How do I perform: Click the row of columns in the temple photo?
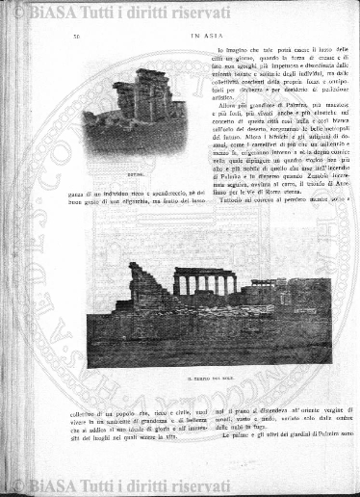click(205, 282)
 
